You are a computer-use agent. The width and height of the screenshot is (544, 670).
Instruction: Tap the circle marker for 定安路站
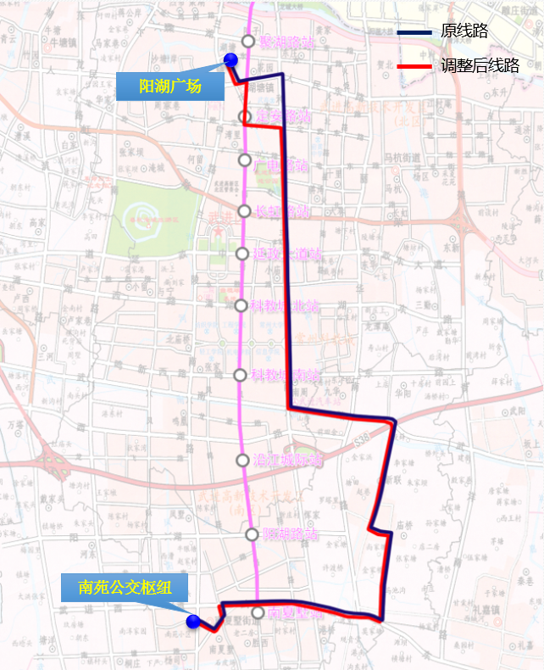[245, 116]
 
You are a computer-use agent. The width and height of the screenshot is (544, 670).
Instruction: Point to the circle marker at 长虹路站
[245, 211]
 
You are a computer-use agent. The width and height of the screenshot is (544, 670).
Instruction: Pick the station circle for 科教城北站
[241, 305]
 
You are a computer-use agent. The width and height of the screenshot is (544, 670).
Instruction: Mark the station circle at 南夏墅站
[258, 611]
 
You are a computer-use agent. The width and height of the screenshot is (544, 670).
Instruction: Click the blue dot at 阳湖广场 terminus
[230, 59]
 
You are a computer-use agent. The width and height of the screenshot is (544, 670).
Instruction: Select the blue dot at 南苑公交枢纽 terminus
[193, 622]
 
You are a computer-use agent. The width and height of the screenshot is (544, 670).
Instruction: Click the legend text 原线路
[465, 31]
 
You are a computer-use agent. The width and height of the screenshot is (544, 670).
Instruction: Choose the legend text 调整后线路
[480, 65]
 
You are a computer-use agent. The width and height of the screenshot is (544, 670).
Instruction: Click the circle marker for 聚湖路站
[248, 41]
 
